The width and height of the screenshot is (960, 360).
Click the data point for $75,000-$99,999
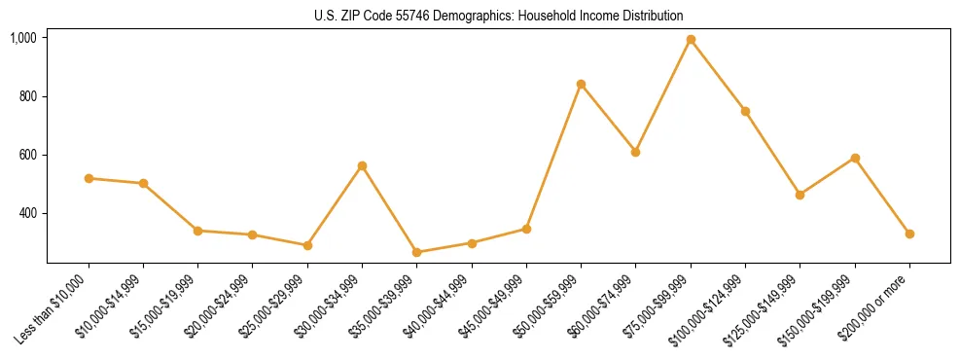pos(691,40)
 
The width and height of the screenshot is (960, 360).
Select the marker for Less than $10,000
pos(89,178)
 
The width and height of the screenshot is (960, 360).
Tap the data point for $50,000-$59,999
pos(581,84)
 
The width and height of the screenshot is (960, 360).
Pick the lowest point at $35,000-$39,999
pos(417,252)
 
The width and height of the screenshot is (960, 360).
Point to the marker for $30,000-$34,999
pos(362,165)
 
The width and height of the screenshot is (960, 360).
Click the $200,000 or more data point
pos(909,234)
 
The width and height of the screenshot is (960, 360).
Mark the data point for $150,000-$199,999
pos(855,158)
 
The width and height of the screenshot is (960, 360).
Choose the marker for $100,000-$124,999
pos(745,111)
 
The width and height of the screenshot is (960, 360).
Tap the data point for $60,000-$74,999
pos(635,152)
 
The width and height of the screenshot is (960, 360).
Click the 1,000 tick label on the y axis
pos(24,38)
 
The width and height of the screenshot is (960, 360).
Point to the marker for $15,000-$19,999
pos(198,231)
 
